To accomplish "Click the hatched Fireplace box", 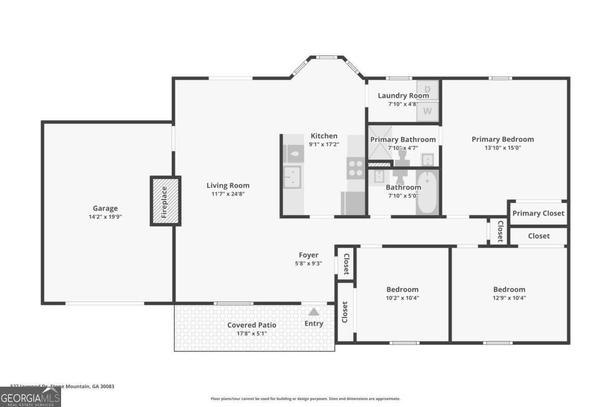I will pyautogui.click(x=165, y=201).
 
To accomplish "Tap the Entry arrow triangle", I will pyautogui.click(x=314, y=311).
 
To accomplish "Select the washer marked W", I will pyautogui.click(x=427, y=110).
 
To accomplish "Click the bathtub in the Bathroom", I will pyautogui.click(x=427, y=192).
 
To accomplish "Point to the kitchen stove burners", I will pyautogui.click(x=355, y=168).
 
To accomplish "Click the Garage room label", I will pyautogui.click(x=105, y=208).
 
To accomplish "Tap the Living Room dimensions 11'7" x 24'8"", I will pyautogui.click(x=228, y=194).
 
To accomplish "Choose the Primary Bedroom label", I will pyautogui.click(x=503, y=139).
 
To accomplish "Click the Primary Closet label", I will pyautogui.click(x=538, y=213).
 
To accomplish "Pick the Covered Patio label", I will pyautogui.click(x=252, y=325).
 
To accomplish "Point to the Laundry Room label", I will pyautogui.click(x=403, y=96).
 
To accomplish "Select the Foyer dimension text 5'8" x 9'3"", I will pyautogui.click(x=309, y=264).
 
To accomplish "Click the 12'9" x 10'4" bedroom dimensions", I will pyautogui.click(x=509, y=298).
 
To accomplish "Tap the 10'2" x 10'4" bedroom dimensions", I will pyautogui.click(x=402, y=298).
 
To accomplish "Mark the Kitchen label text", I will pyautogui.click(x=324, y=136).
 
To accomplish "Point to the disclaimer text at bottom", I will pyautogui.click(x=305, y=399).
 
